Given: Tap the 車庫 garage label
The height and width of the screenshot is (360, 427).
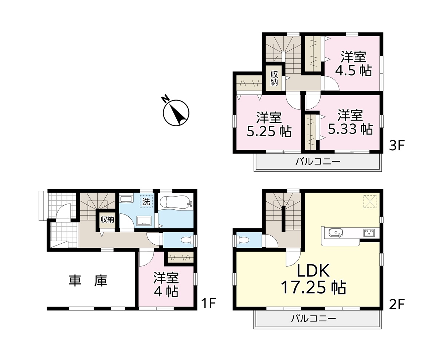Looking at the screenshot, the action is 88,280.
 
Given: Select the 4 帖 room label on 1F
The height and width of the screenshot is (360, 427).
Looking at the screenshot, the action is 166,284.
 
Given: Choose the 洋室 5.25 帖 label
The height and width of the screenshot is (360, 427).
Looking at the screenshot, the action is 269,124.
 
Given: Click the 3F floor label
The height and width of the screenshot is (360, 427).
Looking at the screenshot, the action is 397,146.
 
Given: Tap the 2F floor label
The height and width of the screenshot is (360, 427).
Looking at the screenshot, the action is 397,304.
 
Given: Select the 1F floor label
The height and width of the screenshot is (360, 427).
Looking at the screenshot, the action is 208,303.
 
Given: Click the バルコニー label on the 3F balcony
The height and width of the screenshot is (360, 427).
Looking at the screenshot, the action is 318,162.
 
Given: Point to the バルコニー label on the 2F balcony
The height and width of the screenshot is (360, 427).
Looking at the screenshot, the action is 313,318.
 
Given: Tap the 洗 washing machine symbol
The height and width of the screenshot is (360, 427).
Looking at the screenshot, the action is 146,202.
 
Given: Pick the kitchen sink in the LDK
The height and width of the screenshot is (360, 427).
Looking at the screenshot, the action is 336,233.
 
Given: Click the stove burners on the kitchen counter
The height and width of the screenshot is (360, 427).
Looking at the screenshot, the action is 369,233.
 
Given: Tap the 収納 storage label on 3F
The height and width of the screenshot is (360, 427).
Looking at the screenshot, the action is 274,78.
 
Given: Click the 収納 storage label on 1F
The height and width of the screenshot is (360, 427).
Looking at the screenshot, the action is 107,219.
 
